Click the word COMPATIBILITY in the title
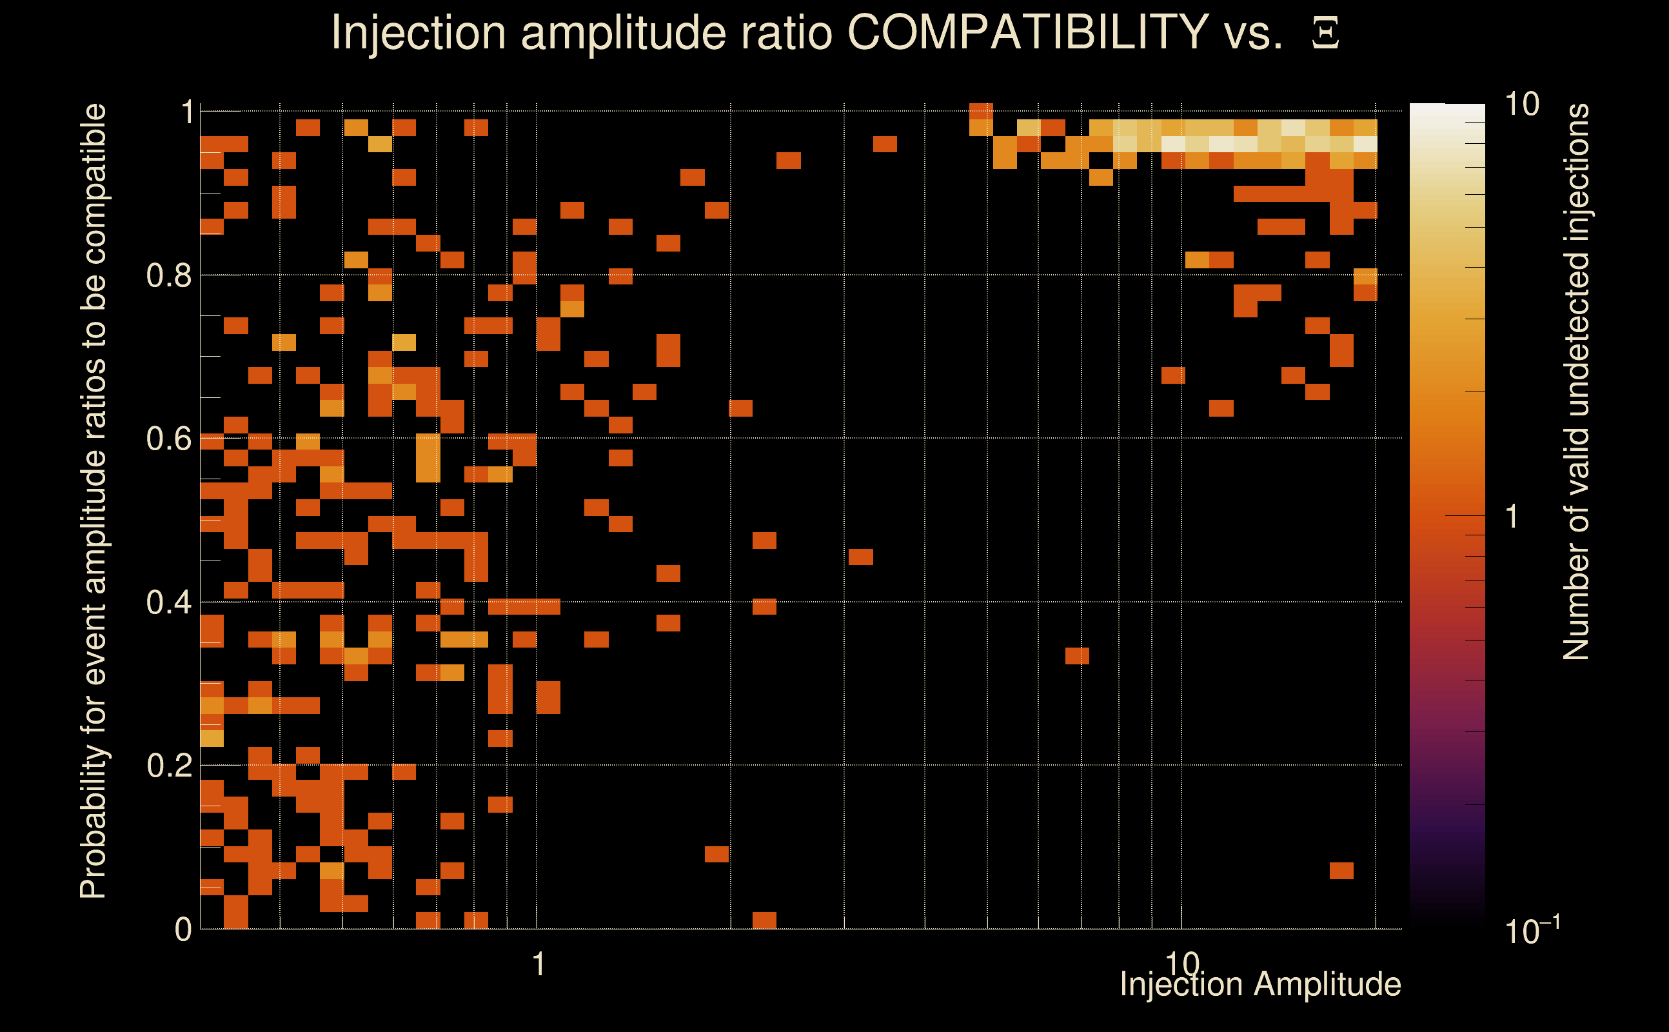point(1027,32)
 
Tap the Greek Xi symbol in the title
point(1325,34)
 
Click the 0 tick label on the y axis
point(183,929)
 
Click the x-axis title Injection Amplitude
point(1260,984)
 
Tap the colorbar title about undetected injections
point(1575,382)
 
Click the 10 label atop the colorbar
point(1521,104)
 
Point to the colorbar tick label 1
point(1512,517)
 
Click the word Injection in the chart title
point(419,32)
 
